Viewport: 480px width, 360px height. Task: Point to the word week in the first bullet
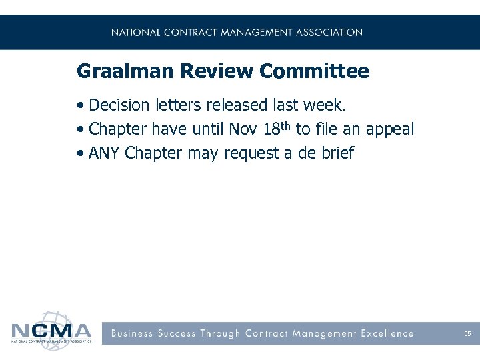327,105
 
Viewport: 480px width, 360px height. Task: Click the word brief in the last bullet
337,153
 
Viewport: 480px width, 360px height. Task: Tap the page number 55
467,333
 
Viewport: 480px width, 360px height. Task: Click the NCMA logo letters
51,331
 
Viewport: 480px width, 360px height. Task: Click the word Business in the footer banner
133,333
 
